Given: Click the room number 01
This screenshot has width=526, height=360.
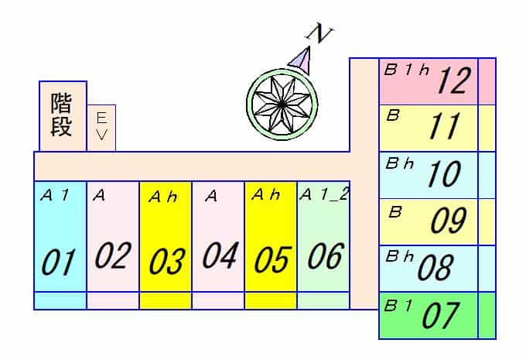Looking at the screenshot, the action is tap(58, 262).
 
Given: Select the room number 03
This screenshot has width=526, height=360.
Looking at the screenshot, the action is tap(167, 262).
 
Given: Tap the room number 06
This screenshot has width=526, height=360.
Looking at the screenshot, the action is tap(326, 256).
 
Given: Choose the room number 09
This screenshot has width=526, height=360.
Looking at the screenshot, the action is tap(449, 220).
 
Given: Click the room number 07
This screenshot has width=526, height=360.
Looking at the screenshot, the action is tap(440, 315).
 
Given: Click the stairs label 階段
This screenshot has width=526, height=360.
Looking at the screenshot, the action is tap(61, 115).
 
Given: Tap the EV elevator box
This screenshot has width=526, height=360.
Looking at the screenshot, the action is tap(101, 128).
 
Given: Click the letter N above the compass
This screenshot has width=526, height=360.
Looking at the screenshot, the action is tap(319, 35).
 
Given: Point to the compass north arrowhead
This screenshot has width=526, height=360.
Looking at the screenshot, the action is tap(300, 60).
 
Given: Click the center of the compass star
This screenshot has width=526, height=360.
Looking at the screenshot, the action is tap(282, 105).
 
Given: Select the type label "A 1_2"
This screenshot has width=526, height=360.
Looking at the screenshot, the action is tap(324, 194).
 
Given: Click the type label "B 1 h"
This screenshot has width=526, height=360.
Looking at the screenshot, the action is tap(407, 70).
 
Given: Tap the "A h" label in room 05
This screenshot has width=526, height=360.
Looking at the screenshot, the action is tap(265, 194).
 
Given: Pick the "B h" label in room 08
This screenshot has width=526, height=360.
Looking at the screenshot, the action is tap(400, 256).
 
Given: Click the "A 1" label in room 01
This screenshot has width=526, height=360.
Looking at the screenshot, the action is tap(54, 195).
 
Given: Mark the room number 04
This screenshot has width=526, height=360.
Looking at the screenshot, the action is tap(220, 255).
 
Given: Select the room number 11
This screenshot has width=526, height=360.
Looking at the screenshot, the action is tap(445, 126).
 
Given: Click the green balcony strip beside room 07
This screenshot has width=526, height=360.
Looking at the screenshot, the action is tap(487, 316).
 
